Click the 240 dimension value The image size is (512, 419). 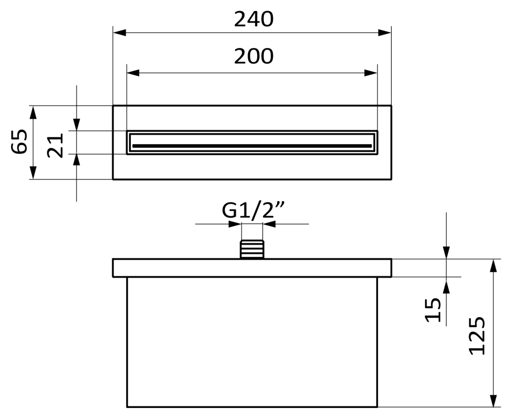coord(254,20)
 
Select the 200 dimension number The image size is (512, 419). coord(254,56)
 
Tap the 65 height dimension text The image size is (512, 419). coord(19,141)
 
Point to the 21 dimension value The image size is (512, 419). coord(55,146)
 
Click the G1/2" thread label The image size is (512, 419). coord(253,210)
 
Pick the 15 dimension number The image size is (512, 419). coord(433,310)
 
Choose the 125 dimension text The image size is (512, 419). coord(477,336)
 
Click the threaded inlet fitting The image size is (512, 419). coord(252,250)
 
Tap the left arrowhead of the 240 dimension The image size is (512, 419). coord(119,33)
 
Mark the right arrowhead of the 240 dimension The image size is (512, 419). coord(385,33)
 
